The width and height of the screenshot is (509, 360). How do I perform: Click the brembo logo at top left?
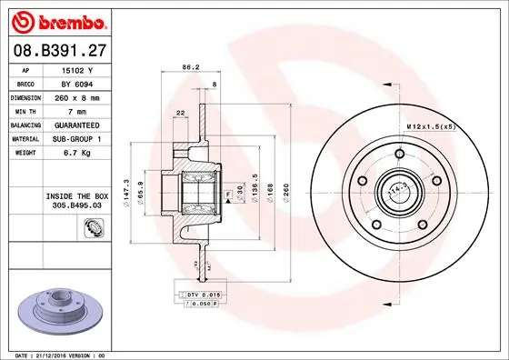pyautogui.click(x=62, y=21)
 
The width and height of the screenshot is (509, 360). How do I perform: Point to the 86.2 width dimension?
pyautogui.click(x=191, y=66)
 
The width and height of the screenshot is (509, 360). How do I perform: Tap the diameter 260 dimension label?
pyautogui.click(x=284, y=191)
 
